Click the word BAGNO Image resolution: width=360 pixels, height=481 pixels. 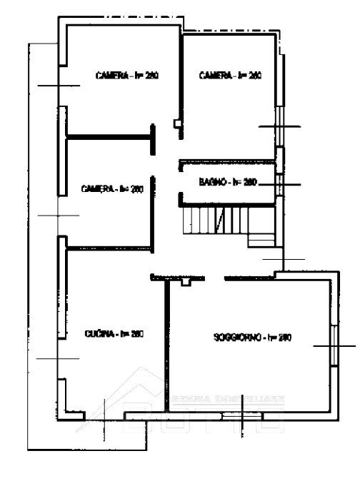(211, 183)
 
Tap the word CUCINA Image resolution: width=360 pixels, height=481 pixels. (97, 334)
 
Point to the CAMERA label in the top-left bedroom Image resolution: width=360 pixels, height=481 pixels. (112, 75)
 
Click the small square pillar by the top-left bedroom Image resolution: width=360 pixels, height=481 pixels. (177, 123)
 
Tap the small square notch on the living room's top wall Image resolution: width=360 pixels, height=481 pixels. (186, 283)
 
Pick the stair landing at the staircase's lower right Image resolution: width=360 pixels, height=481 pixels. (261, 241)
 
